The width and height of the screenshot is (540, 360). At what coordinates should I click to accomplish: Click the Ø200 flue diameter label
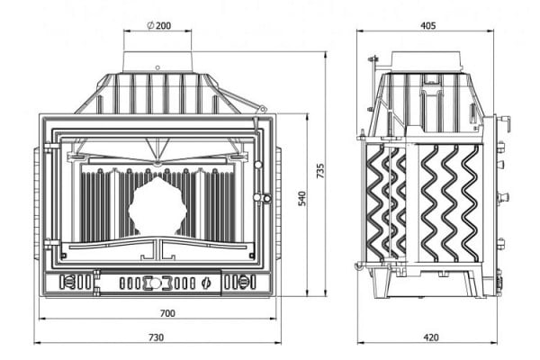tap(158, 25)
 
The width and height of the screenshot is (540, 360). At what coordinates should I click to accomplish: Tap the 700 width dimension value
tap(167, 313)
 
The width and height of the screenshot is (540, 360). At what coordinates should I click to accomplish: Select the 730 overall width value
tap(157, 337)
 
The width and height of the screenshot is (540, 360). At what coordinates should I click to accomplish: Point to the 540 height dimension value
tap(302, 198)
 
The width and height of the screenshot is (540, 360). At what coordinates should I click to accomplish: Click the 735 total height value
tap(320, 171)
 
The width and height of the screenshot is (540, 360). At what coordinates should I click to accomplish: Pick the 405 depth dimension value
tap(428, 25)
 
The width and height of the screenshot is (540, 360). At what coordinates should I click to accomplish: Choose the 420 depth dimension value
tap(430, 337)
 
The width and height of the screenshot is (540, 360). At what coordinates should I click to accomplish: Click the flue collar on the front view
tap(157, 62)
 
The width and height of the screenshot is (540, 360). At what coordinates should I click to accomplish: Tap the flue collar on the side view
tap(426, 61)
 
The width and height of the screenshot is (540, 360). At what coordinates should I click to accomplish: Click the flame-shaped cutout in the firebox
tap(157, 206)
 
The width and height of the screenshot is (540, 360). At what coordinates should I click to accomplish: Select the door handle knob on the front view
tap(262, 198)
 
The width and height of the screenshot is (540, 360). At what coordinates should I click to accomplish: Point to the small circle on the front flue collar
tap(157, 67)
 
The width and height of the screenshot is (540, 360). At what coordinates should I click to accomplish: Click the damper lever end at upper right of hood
tap(263, 109)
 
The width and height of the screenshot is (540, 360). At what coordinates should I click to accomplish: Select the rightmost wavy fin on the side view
tap(471, 203)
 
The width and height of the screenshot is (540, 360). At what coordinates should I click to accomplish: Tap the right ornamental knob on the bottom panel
tap(243, 282)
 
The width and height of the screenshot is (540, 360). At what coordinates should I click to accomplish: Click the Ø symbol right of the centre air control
tap(205, 283)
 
